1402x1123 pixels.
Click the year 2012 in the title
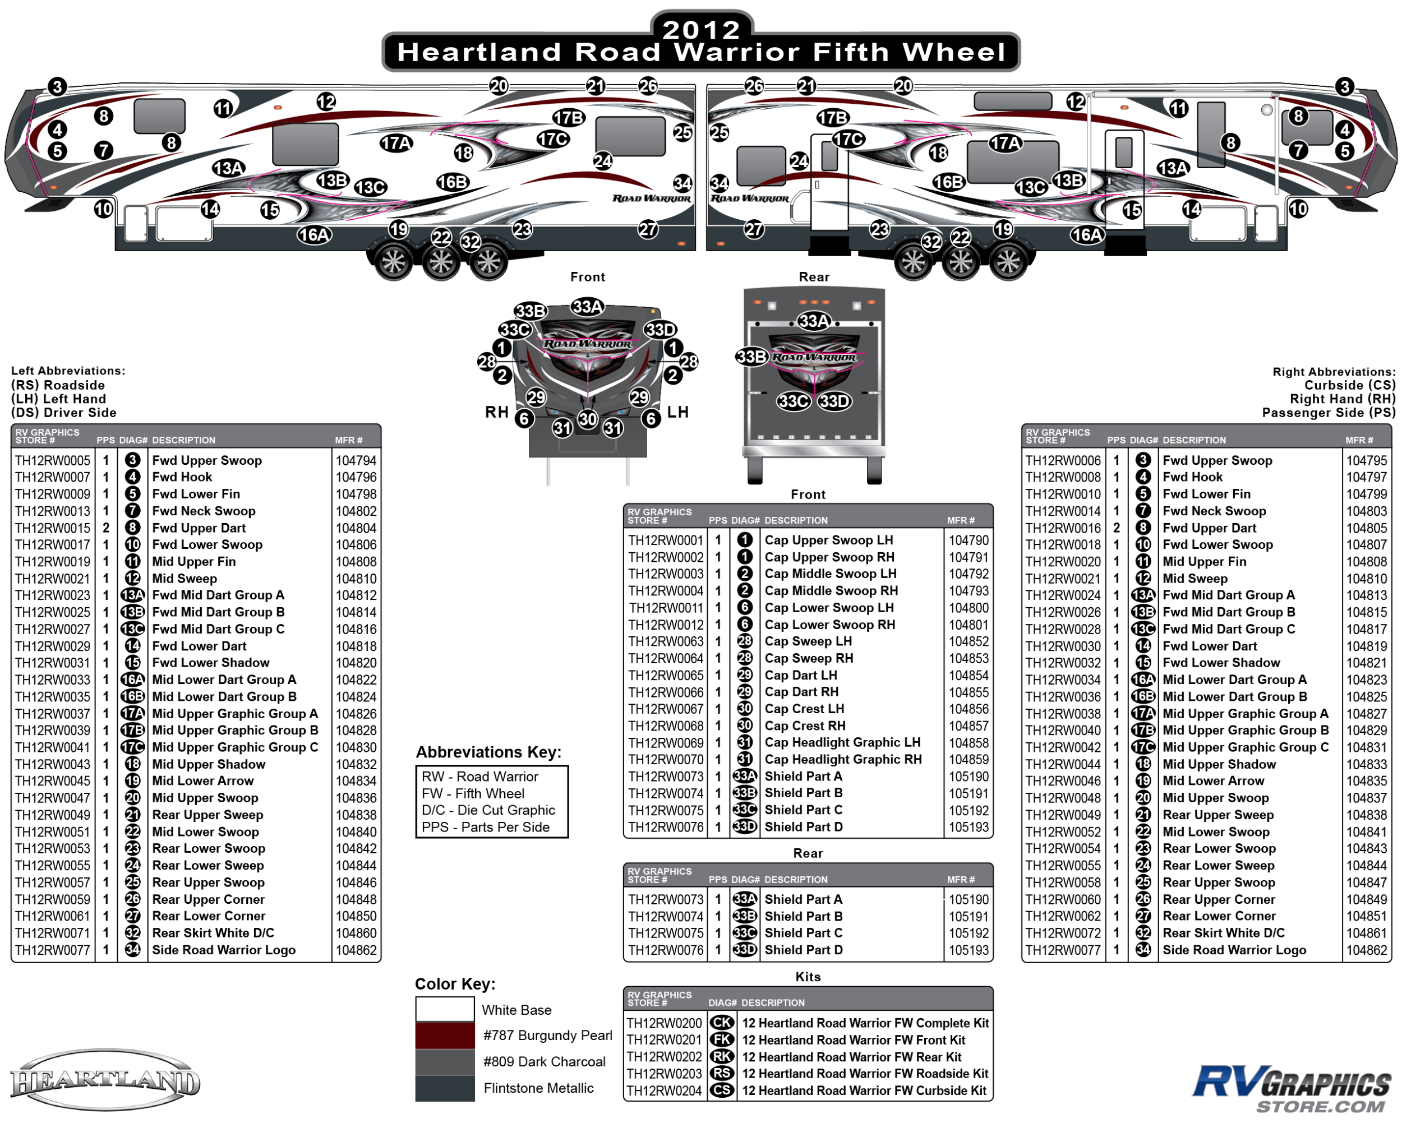click(701, 29)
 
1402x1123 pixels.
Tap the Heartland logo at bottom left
click(105, 1082)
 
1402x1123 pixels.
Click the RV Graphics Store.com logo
click(1291, 1088)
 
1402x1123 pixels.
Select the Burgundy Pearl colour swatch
click(445, 1035)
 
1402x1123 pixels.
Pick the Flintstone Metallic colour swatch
click(445, 1088)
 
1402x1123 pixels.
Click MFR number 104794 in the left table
click(356, 460)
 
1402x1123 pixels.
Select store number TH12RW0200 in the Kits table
click(664, 1023)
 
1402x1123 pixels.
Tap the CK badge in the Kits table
click(722, 1023)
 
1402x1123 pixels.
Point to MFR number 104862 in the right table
click(1366, 950)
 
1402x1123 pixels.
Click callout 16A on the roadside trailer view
click(314, 235)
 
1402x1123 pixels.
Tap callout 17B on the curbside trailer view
click(833, 118)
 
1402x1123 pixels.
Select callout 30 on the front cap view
click(588, 419)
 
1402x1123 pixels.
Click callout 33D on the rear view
click(834, 401)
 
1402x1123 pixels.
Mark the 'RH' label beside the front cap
click(497, 412)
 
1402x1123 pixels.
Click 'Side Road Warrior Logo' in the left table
click(224, 950)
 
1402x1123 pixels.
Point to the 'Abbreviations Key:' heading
click(489, 752)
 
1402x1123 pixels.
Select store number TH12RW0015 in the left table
click(53, 528)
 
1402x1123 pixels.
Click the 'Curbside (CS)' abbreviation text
click(1350, 385)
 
